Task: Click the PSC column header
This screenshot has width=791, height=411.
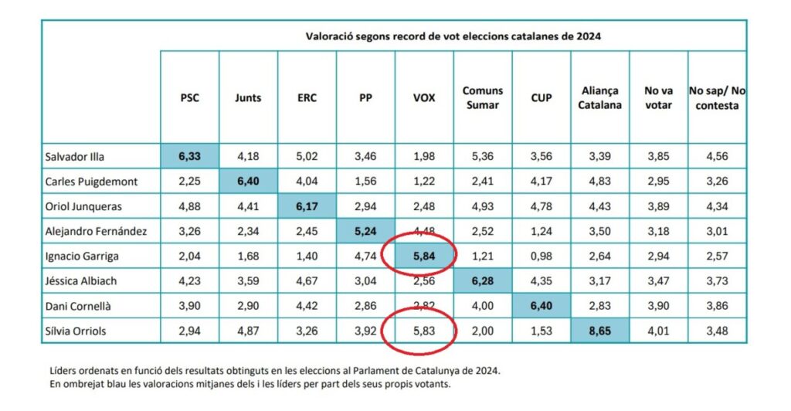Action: [189, 98]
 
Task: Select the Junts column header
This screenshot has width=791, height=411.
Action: [248, 98]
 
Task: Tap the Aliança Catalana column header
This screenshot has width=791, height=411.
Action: [599, 98]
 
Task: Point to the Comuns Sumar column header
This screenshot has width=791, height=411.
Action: [483, 98]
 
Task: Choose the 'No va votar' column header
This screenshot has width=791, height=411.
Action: [657, 98]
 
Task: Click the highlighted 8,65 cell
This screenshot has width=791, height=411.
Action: [600, 332]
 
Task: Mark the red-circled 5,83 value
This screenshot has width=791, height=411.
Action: [424, 332]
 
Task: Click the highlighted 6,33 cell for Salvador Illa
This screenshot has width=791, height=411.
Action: [189, 157]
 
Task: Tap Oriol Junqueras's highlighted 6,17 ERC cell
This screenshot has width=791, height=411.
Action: [307, 207]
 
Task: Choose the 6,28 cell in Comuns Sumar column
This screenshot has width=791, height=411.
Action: [483, 282]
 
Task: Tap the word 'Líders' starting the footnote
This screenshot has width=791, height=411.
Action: [63, 370]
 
